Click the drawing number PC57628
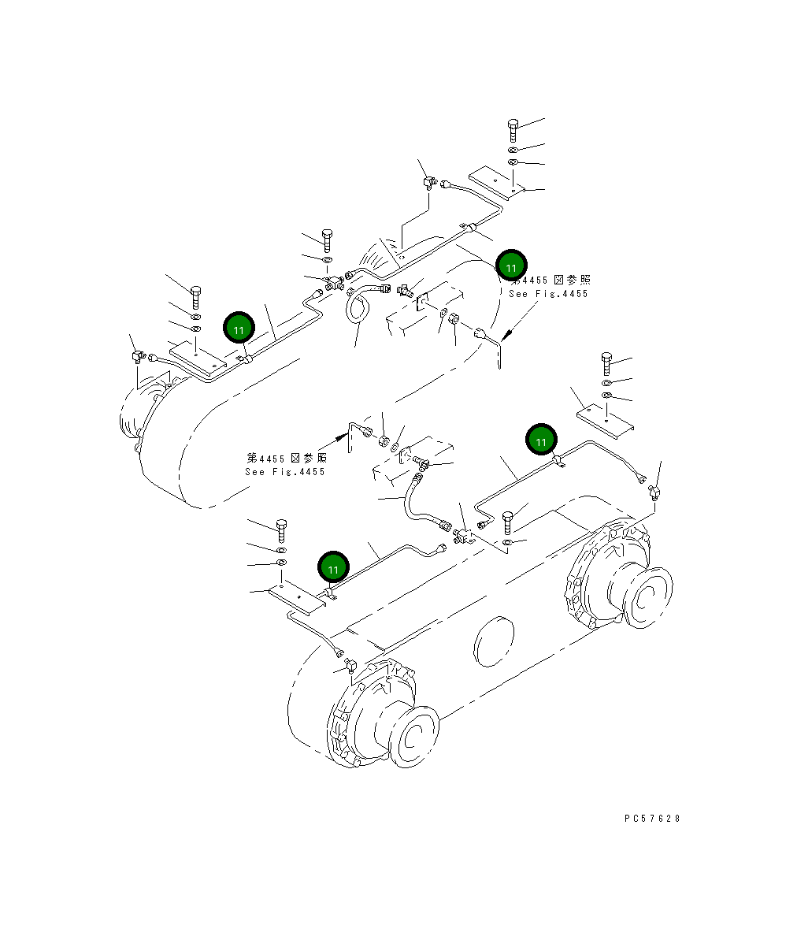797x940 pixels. point(652,819)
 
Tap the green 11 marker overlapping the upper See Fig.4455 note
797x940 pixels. point(512,266)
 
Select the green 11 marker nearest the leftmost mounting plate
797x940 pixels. point(239,329)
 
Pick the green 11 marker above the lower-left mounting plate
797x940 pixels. point(333,567)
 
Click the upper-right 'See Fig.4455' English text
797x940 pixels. point(548,294)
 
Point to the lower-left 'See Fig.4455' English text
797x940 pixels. point(284,472)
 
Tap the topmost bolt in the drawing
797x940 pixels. point(513,130)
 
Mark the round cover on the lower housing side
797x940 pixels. point(495,642)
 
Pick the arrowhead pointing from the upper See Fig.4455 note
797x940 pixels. point(506,334)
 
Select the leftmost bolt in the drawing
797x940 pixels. point(196,297)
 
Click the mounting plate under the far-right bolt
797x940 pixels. point(606,419)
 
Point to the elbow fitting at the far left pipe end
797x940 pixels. point(138,357)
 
